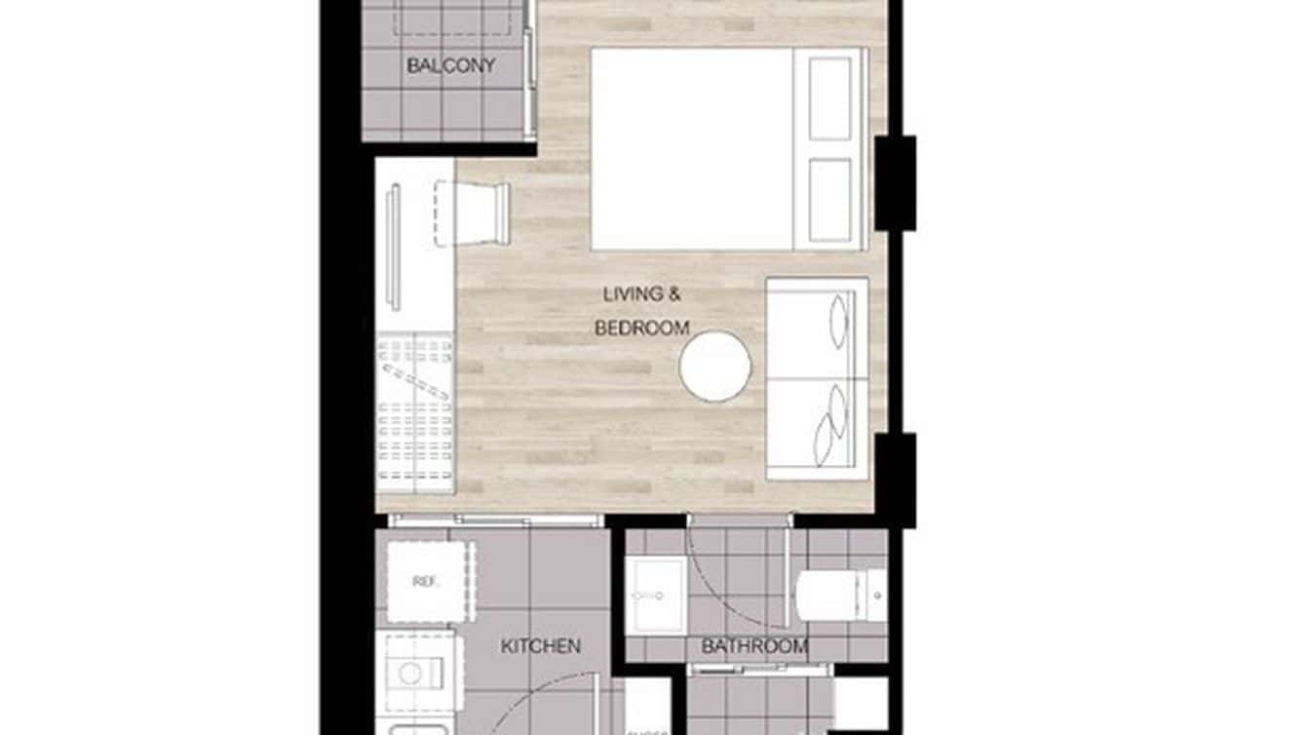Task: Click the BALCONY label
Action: tap(450, 66)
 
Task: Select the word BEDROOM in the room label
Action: tap(642, 329)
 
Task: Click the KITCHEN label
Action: tap(541, 645)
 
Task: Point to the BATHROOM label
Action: tap(754, 645)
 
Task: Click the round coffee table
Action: tap(715, 366)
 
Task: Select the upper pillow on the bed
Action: tap(829, 98)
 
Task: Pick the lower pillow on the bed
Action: tap(829, 200)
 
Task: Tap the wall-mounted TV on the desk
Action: tap(394, 248)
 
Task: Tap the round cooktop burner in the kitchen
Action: tap(411, 673)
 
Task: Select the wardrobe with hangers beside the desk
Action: tap(415, 409)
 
